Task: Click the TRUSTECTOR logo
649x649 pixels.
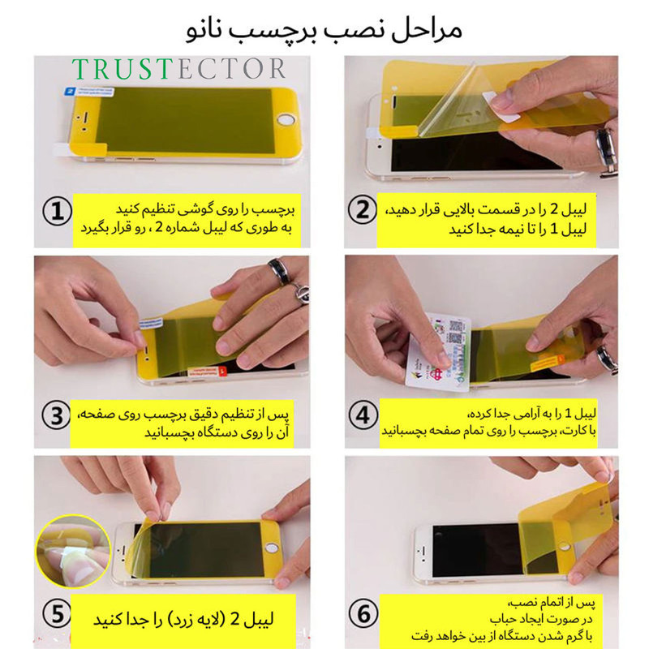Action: (178, 69)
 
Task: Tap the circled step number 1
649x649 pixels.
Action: (57, 212)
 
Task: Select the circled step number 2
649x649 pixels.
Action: (362, 209)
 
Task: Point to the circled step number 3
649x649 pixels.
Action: (57, 415)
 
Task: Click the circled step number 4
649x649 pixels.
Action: (363, 415)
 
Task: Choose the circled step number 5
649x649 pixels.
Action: (58, 614)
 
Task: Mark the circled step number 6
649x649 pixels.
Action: (363, 614)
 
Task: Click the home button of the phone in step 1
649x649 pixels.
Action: (286, 120)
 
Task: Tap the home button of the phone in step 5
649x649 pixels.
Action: (272, 548)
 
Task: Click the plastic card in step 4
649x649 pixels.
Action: (439, 353)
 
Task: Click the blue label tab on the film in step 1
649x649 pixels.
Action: (89, 91)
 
